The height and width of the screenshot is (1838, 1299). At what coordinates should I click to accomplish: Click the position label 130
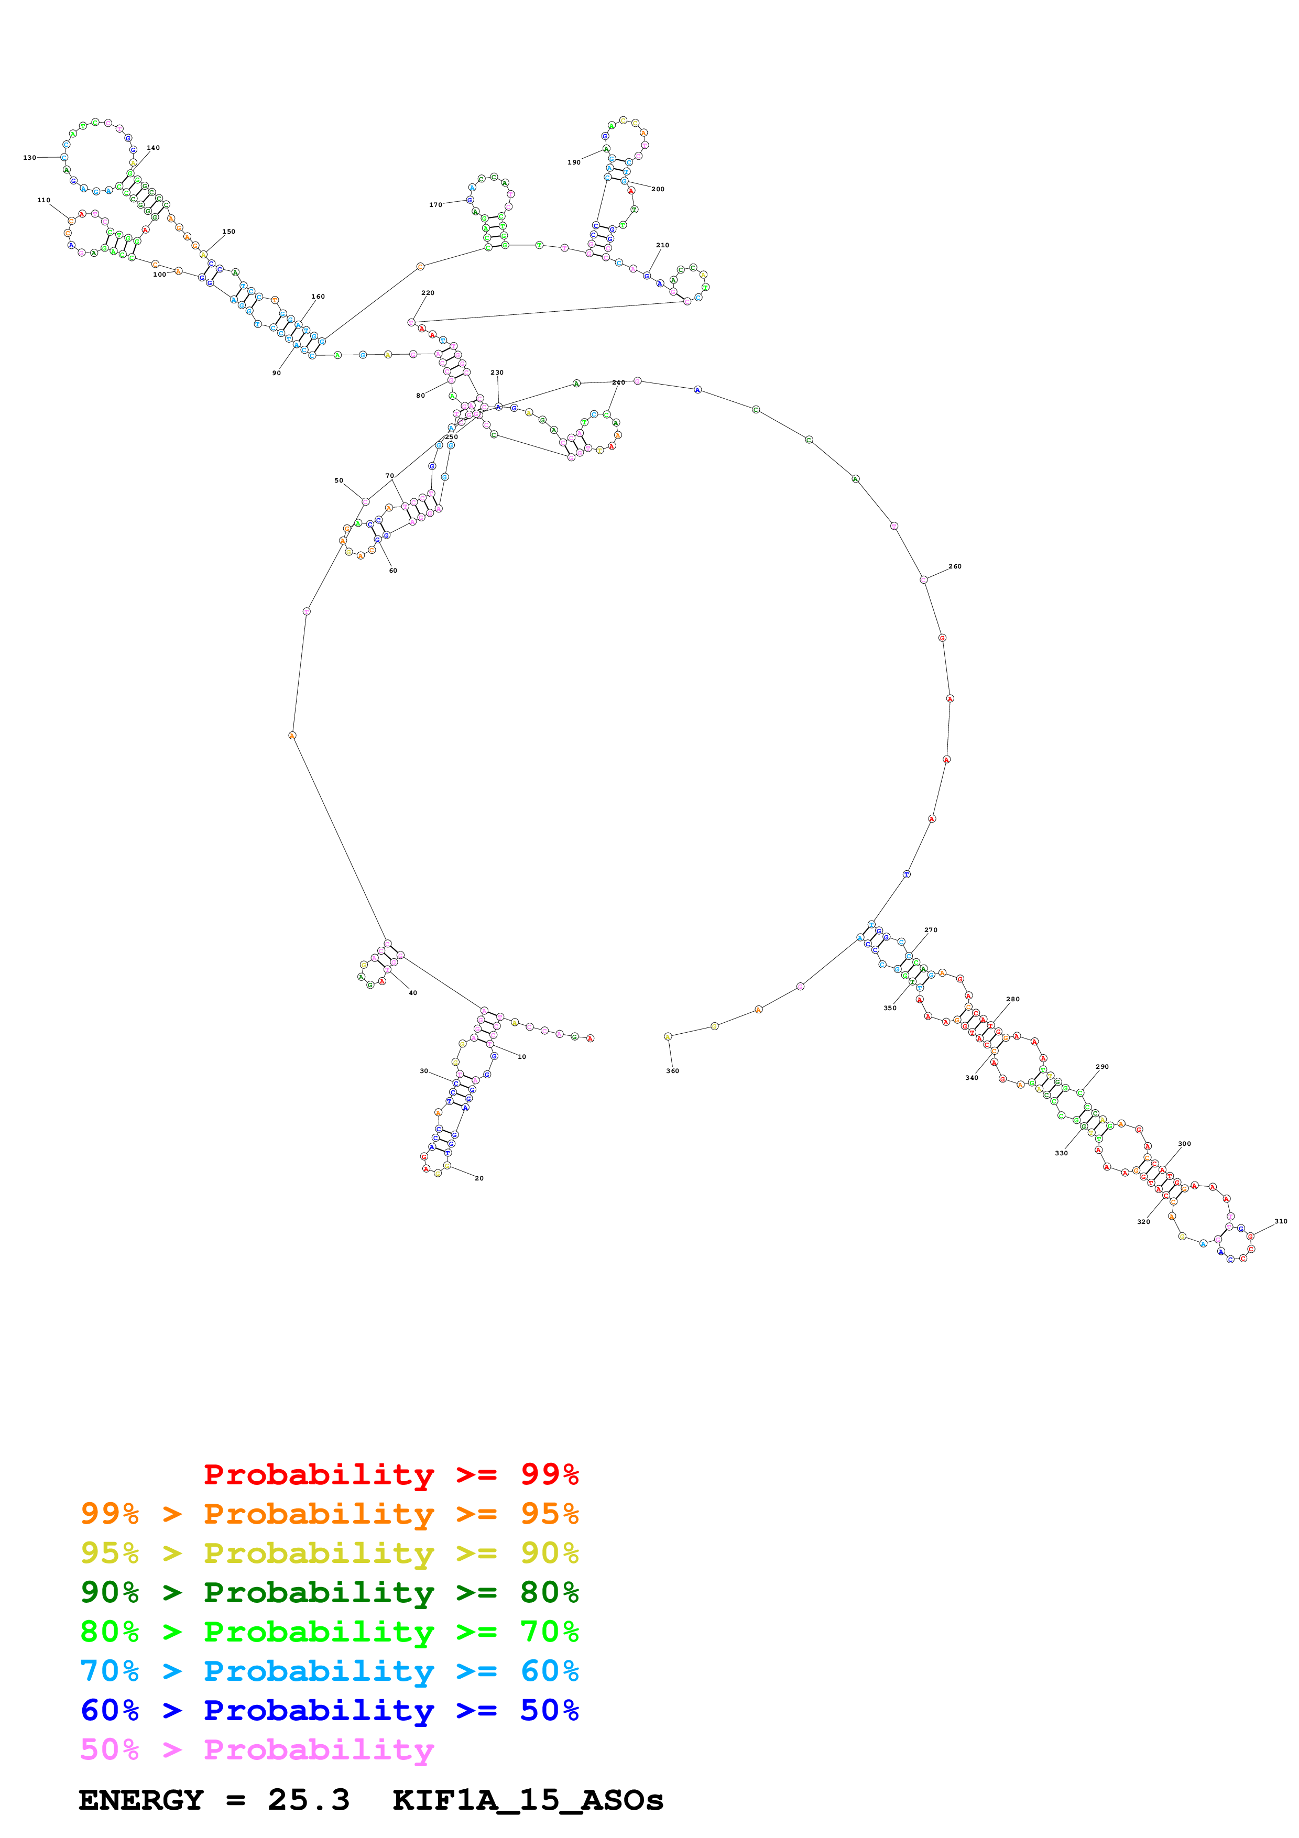30,158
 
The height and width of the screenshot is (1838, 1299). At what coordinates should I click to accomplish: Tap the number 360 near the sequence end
672,1070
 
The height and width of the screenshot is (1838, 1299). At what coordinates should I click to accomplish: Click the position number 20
478,1178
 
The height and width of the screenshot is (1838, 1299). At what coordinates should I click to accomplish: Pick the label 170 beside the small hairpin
435,205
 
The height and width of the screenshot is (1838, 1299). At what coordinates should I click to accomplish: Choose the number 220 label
428,293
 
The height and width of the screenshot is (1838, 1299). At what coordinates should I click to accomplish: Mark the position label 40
412,993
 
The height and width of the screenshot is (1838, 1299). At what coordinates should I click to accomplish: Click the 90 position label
276,373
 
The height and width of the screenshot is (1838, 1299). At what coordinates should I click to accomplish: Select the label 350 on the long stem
890,1008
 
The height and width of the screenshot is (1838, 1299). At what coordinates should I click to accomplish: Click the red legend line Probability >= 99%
390,1474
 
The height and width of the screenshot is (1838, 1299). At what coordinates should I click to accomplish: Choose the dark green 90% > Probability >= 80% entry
329,1592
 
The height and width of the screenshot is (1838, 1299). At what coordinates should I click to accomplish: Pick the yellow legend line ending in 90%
329,1553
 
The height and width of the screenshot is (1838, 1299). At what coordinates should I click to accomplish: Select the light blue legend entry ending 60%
329,1671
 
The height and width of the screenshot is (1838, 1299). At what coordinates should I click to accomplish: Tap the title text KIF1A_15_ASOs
528,1800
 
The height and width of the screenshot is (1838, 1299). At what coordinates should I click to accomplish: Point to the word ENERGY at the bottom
141,1800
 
